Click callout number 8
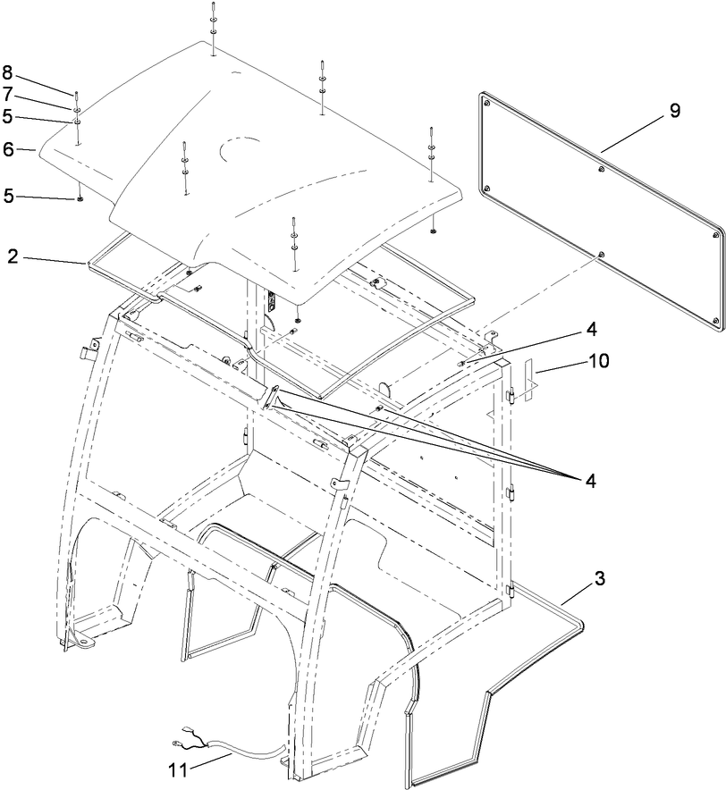[7, 72]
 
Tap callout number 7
[7, 93]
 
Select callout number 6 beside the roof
[7, 149]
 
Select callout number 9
[674, 111]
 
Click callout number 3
[598, 578]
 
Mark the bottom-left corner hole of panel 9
[486, 189]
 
